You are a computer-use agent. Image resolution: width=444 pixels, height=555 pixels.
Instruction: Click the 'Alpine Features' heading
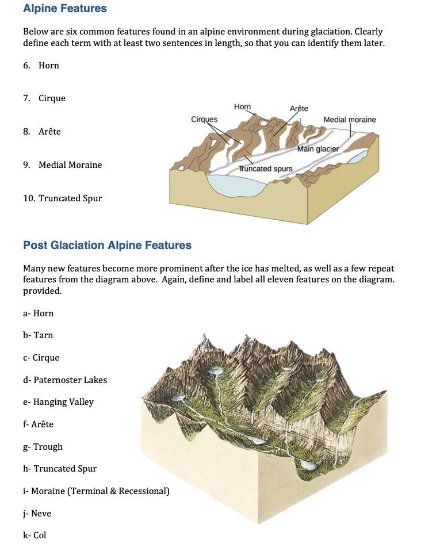click(x=65, y=9)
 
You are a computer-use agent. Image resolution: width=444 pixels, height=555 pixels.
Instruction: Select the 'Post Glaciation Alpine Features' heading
click(x=107, y=246)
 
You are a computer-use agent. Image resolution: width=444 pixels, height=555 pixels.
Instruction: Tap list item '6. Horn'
click(x=41, y=66)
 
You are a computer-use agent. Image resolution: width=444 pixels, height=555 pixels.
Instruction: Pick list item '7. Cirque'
click(x=44, y=98)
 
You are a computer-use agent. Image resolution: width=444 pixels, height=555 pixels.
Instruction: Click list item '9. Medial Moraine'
click(x=63, y=165)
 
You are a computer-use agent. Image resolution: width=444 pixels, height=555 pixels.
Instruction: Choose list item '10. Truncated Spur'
click(x=62, y=198)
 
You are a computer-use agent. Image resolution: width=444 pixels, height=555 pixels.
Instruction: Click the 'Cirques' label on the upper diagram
click(x=204, y=119)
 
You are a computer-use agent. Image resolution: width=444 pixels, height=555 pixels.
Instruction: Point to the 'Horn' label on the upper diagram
click(x=243, y=106)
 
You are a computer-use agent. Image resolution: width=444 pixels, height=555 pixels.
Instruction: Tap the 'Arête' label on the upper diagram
click(x=299, y=108)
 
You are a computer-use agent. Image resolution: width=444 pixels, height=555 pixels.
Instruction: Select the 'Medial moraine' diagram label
click(x=350, y=120)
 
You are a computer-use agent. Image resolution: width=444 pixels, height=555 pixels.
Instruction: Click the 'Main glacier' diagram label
click(x=319, y=150)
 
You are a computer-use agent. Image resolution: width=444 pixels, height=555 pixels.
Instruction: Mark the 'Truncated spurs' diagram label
click(x=266, y=169)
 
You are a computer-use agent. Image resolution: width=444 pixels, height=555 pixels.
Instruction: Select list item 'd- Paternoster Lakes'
click(x=65, y=380)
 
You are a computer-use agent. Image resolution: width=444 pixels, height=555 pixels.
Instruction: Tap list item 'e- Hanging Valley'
click(x=58, y=402)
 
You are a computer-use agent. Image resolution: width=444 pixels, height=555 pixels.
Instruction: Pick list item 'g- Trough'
click(x=43, y=447)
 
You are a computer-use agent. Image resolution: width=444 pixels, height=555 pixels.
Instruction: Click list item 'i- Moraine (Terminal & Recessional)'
click(x=96, y=491)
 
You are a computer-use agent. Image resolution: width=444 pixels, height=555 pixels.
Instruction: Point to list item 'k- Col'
click(x=35, y=535)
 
